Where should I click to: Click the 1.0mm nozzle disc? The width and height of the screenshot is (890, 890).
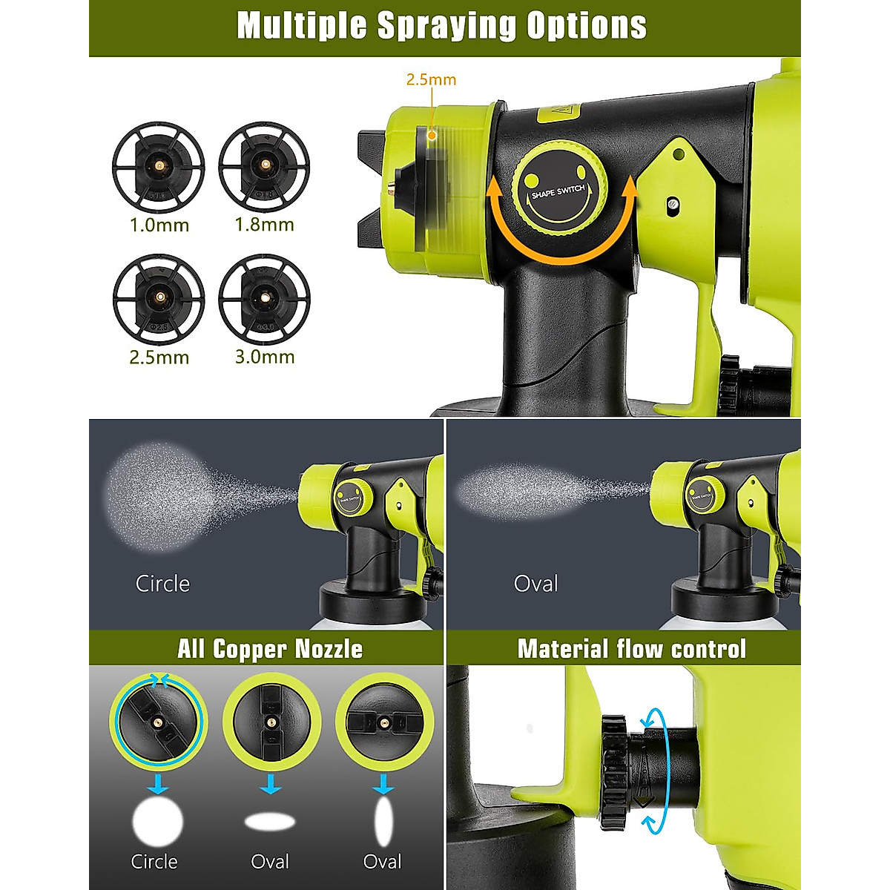[x=159, y=168]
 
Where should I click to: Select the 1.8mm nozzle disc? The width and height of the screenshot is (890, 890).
[x=264, y=168]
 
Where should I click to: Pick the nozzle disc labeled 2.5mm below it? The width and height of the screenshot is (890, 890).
[x=159, y=300]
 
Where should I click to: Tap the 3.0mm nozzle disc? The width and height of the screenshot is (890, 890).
[x=264, y=300]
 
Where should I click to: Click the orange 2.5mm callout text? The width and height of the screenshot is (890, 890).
[x=431, y=80]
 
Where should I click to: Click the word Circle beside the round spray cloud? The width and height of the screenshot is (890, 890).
[x=162, y=584]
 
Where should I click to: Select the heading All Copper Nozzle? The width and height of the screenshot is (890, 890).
[x=270, y=649]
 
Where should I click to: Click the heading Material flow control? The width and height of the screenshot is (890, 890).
[x=631, y=649]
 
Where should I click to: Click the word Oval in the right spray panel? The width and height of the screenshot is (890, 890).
[x=535, y=584]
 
